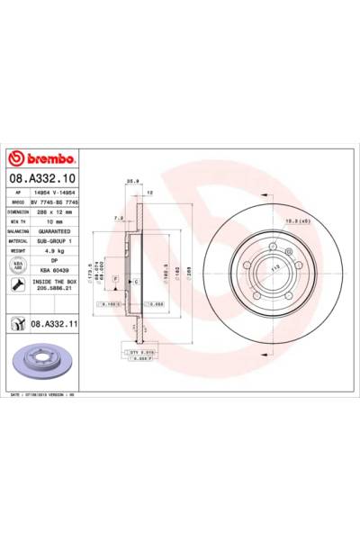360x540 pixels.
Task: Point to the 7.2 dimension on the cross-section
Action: click(119, 217)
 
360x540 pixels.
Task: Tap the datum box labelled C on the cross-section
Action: click(135, 282)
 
